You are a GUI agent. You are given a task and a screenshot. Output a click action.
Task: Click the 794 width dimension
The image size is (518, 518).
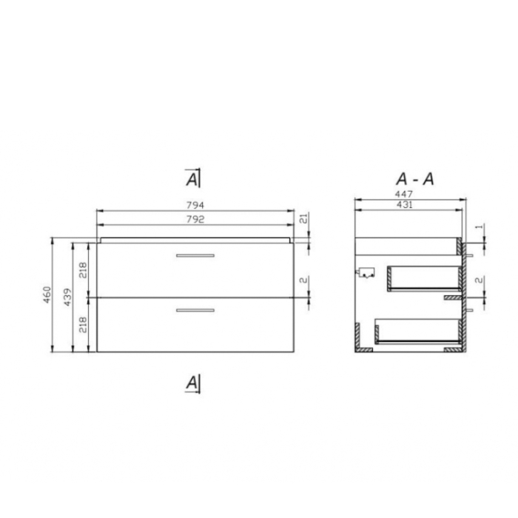(195, 205)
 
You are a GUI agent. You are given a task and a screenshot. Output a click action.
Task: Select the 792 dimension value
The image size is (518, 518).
(195, 220)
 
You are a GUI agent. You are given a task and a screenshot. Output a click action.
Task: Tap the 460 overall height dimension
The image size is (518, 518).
(47, 296)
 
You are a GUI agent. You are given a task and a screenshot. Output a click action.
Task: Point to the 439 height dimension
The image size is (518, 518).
(67, 296)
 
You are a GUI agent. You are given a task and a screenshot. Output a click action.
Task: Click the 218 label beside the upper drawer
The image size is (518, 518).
(84, 269)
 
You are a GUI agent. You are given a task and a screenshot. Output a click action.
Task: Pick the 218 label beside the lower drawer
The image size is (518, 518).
(84, 324)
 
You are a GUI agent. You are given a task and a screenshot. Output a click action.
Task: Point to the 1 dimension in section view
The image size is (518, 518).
(480, 226)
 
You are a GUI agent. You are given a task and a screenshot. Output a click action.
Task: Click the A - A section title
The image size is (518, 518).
(414, 178)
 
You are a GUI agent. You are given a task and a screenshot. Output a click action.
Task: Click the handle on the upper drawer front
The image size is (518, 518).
(195, 255)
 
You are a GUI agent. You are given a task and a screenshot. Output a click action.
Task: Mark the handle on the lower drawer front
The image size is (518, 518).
(195, 310)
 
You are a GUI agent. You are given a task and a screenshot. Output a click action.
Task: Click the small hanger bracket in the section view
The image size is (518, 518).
(366, 272)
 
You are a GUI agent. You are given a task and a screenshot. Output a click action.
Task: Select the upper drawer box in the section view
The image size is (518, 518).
(422, 277)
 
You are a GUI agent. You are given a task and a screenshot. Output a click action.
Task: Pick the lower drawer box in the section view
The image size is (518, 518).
(414, 332)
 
